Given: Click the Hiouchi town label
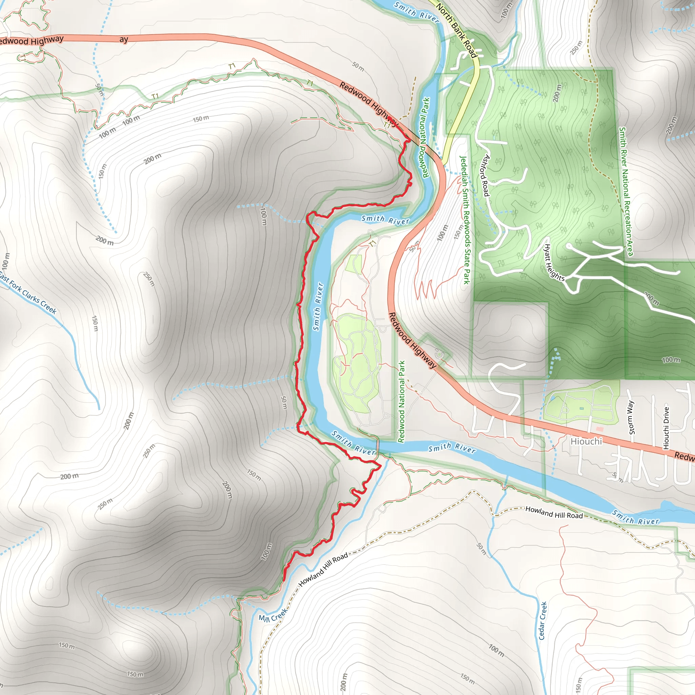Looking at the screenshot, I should (586, 441).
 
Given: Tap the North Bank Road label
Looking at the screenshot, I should (456, 31).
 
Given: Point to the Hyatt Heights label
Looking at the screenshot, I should (553, 262).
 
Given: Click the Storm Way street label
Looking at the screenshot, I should (631, 418).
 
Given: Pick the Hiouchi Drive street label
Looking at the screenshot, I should (666, 428).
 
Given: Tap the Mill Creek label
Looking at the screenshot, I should (273, 615).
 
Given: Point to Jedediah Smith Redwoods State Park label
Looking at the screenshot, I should (465, 220).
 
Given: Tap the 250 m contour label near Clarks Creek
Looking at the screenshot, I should (149, 279).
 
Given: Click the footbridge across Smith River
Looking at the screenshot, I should (377, 448).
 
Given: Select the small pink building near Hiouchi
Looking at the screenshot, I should (600, 429).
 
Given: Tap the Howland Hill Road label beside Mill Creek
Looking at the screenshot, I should (323, 569).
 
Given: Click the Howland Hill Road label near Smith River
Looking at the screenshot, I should (554, 512).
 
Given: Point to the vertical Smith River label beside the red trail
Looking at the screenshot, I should (318, 306).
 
